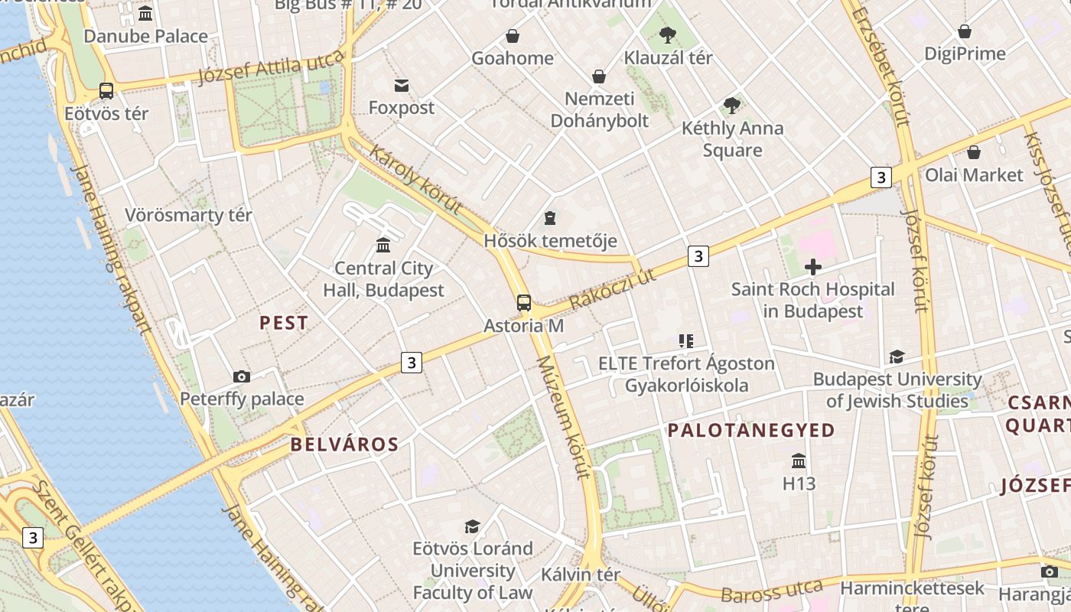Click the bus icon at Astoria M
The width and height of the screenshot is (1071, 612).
[x=524, y=302]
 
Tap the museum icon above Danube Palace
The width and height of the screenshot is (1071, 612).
[x=145, y=13]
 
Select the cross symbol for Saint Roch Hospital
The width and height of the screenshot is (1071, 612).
[x=813, y=267]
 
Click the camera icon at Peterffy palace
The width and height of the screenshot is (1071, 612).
[x=242, y=376]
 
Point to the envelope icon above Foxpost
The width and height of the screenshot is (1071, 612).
[x=402, y=85]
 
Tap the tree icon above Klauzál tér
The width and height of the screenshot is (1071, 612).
[x=668, y=34]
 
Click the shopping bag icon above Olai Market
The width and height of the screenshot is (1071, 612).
[x=974, y=152]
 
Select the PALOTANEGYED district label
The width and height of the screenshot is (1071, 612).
[x=750, y=430]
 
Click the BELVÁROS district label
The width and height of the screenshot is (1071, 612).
[x=344, y=444]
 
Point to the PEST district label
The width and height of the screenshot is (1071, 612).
[x=284, y=323]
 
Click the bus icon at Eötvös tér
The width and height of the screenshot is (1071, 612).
[x=106, y=91]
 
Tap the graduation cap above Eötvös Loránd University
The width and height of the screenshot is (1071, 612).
[x=473, y=526]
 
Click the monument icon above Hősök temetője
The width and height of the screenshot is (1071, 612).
[x=550, y=219]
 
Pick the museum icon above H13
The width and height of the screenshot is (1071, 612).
[x=799, y=461]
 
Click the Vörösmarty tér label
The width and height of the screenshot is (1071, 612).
[x=188, y=215]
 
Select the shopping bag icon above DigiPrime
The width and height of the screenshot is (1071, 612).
[x=965, y=31]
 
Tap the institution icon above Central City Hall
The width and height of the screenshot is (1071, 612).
[x=383, y=245]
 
